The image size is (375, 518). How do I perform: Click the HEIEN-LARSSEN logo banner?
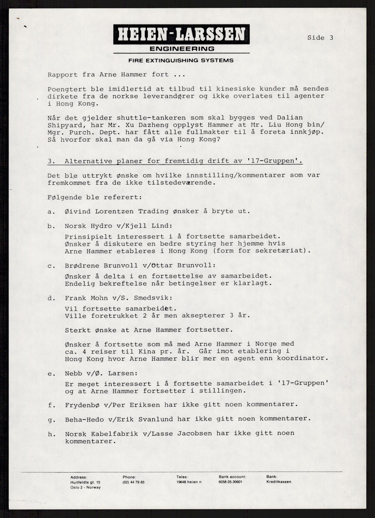pyautogui.click(x=181, y=34)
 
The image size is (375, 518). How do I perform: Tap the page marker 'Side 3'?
pyautogui.click(x=320, y=38)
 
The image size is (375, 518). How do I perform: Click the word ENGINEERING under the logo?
pyautogui.click(x=182, y=49)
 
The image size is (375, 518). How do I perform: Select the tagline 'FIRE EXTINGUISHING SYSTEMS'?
pyautogui.click(x=181, y=61)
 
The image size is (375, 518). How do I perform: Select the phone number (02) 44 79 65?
pyautogui.click(x=134, y=482)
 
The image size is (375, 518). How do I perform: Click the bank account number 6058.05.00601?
pyautogui.click(x=230, y=482)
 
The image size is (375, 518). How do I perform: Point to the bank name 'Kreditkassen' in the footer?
pyautogui.click(x=279, y=482)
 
